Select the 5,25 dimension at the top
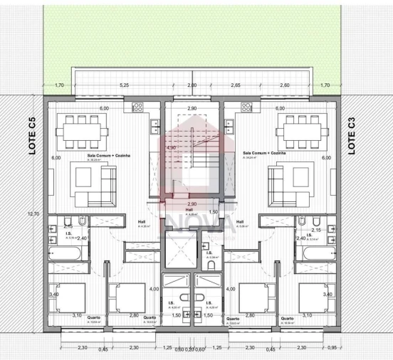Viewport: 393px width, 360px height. point(125,85)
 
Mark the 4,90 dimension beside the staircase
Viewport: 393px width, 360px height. point(171,147)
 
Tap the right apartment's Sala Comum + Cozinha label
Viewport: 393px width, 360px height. point(261,153)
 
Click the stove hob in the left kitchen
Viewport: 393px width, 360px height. point(137,107)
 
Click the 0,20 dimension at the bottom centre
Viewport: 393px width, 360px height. point(190,349)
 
